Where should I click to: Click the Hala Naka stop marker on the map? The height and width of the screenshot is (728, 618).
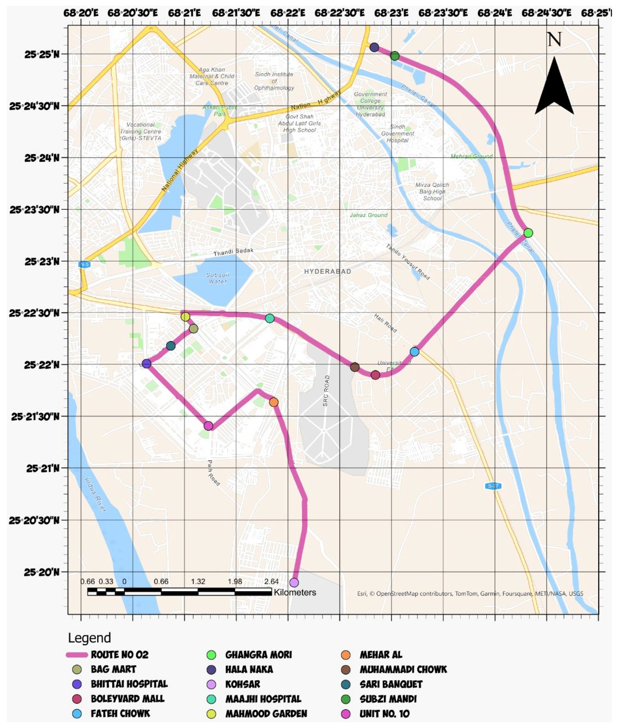pyautogui.click(x=374, y=47)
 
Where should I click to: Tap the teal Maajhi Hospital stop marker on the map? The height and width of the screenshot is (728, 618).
pyautogui.click(x=269, y=318)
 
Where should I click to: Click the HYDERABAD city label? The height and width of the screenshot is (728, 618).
pyautogui.click(x=328, y=272)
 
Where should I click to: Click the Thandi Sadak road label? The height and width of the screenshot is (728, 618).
pyautogui.click(x=233, y=252)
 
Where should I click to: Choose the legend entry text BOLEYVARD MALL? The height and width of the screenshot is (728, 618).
pyautogui.click(x=128, y=699)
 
